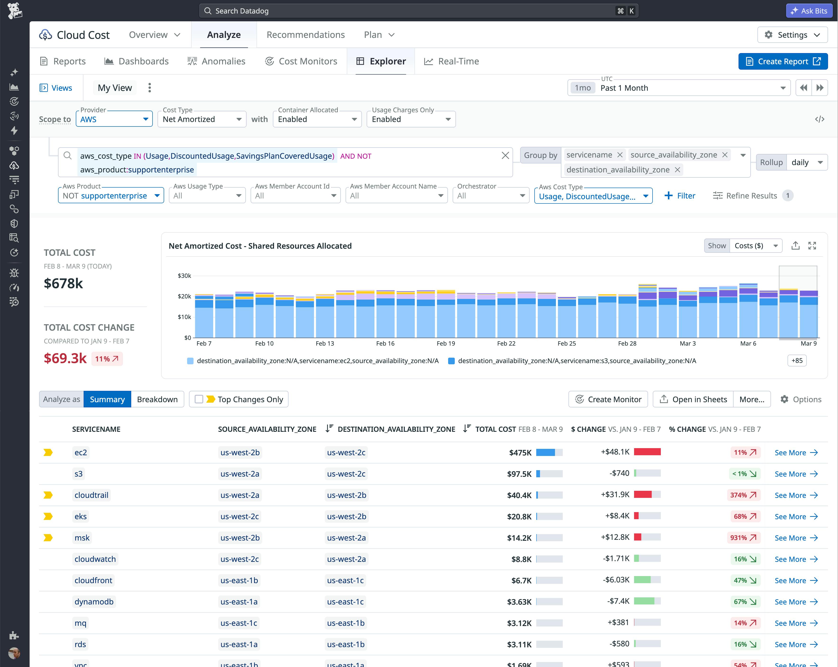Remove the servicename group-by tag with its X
[620, 155]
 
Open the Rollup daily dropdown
[806, 162]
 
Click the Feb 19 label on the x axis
[446, 344]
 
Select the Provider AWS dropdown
[114, 119]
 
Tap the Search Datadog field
[418, 11]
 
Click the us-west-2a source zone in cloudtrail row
[239, 495]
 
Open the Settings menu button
[792, 35]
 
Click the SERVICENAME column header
[96, 429]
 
